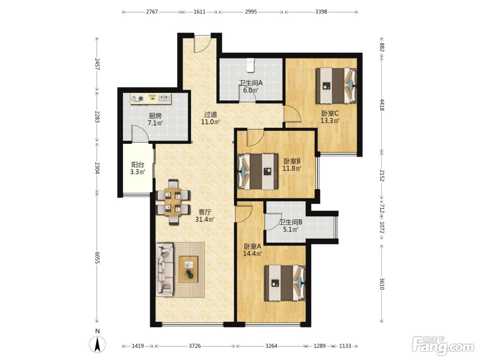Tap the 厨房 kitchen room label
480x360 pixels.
[155, 116]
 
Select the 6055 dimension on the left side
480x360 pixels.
[97, 258]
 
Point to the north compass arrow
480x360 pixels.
[97, 344]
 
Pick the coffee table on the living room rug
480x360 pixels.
[188, 269]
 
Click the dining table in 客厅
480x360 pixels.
[173, 202]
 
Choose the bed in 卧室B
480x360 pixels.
[257, 171]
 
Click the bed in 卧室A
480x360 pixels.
[285, 283]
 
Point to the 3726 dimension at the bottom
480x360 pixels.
[195, 346]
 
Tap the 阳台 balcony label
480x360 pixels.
[137, 164]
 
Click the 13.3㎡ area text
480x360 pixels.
[330, 120]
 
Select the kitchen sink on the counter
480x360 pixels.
[164, 98]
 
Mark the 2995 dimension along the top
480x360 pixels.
[251, 12]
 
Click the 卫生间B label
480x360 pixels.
[291, 222]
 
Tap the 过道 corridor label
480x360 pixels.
[211, 114]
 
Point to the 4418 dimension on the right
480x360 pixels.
[382, 105]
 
